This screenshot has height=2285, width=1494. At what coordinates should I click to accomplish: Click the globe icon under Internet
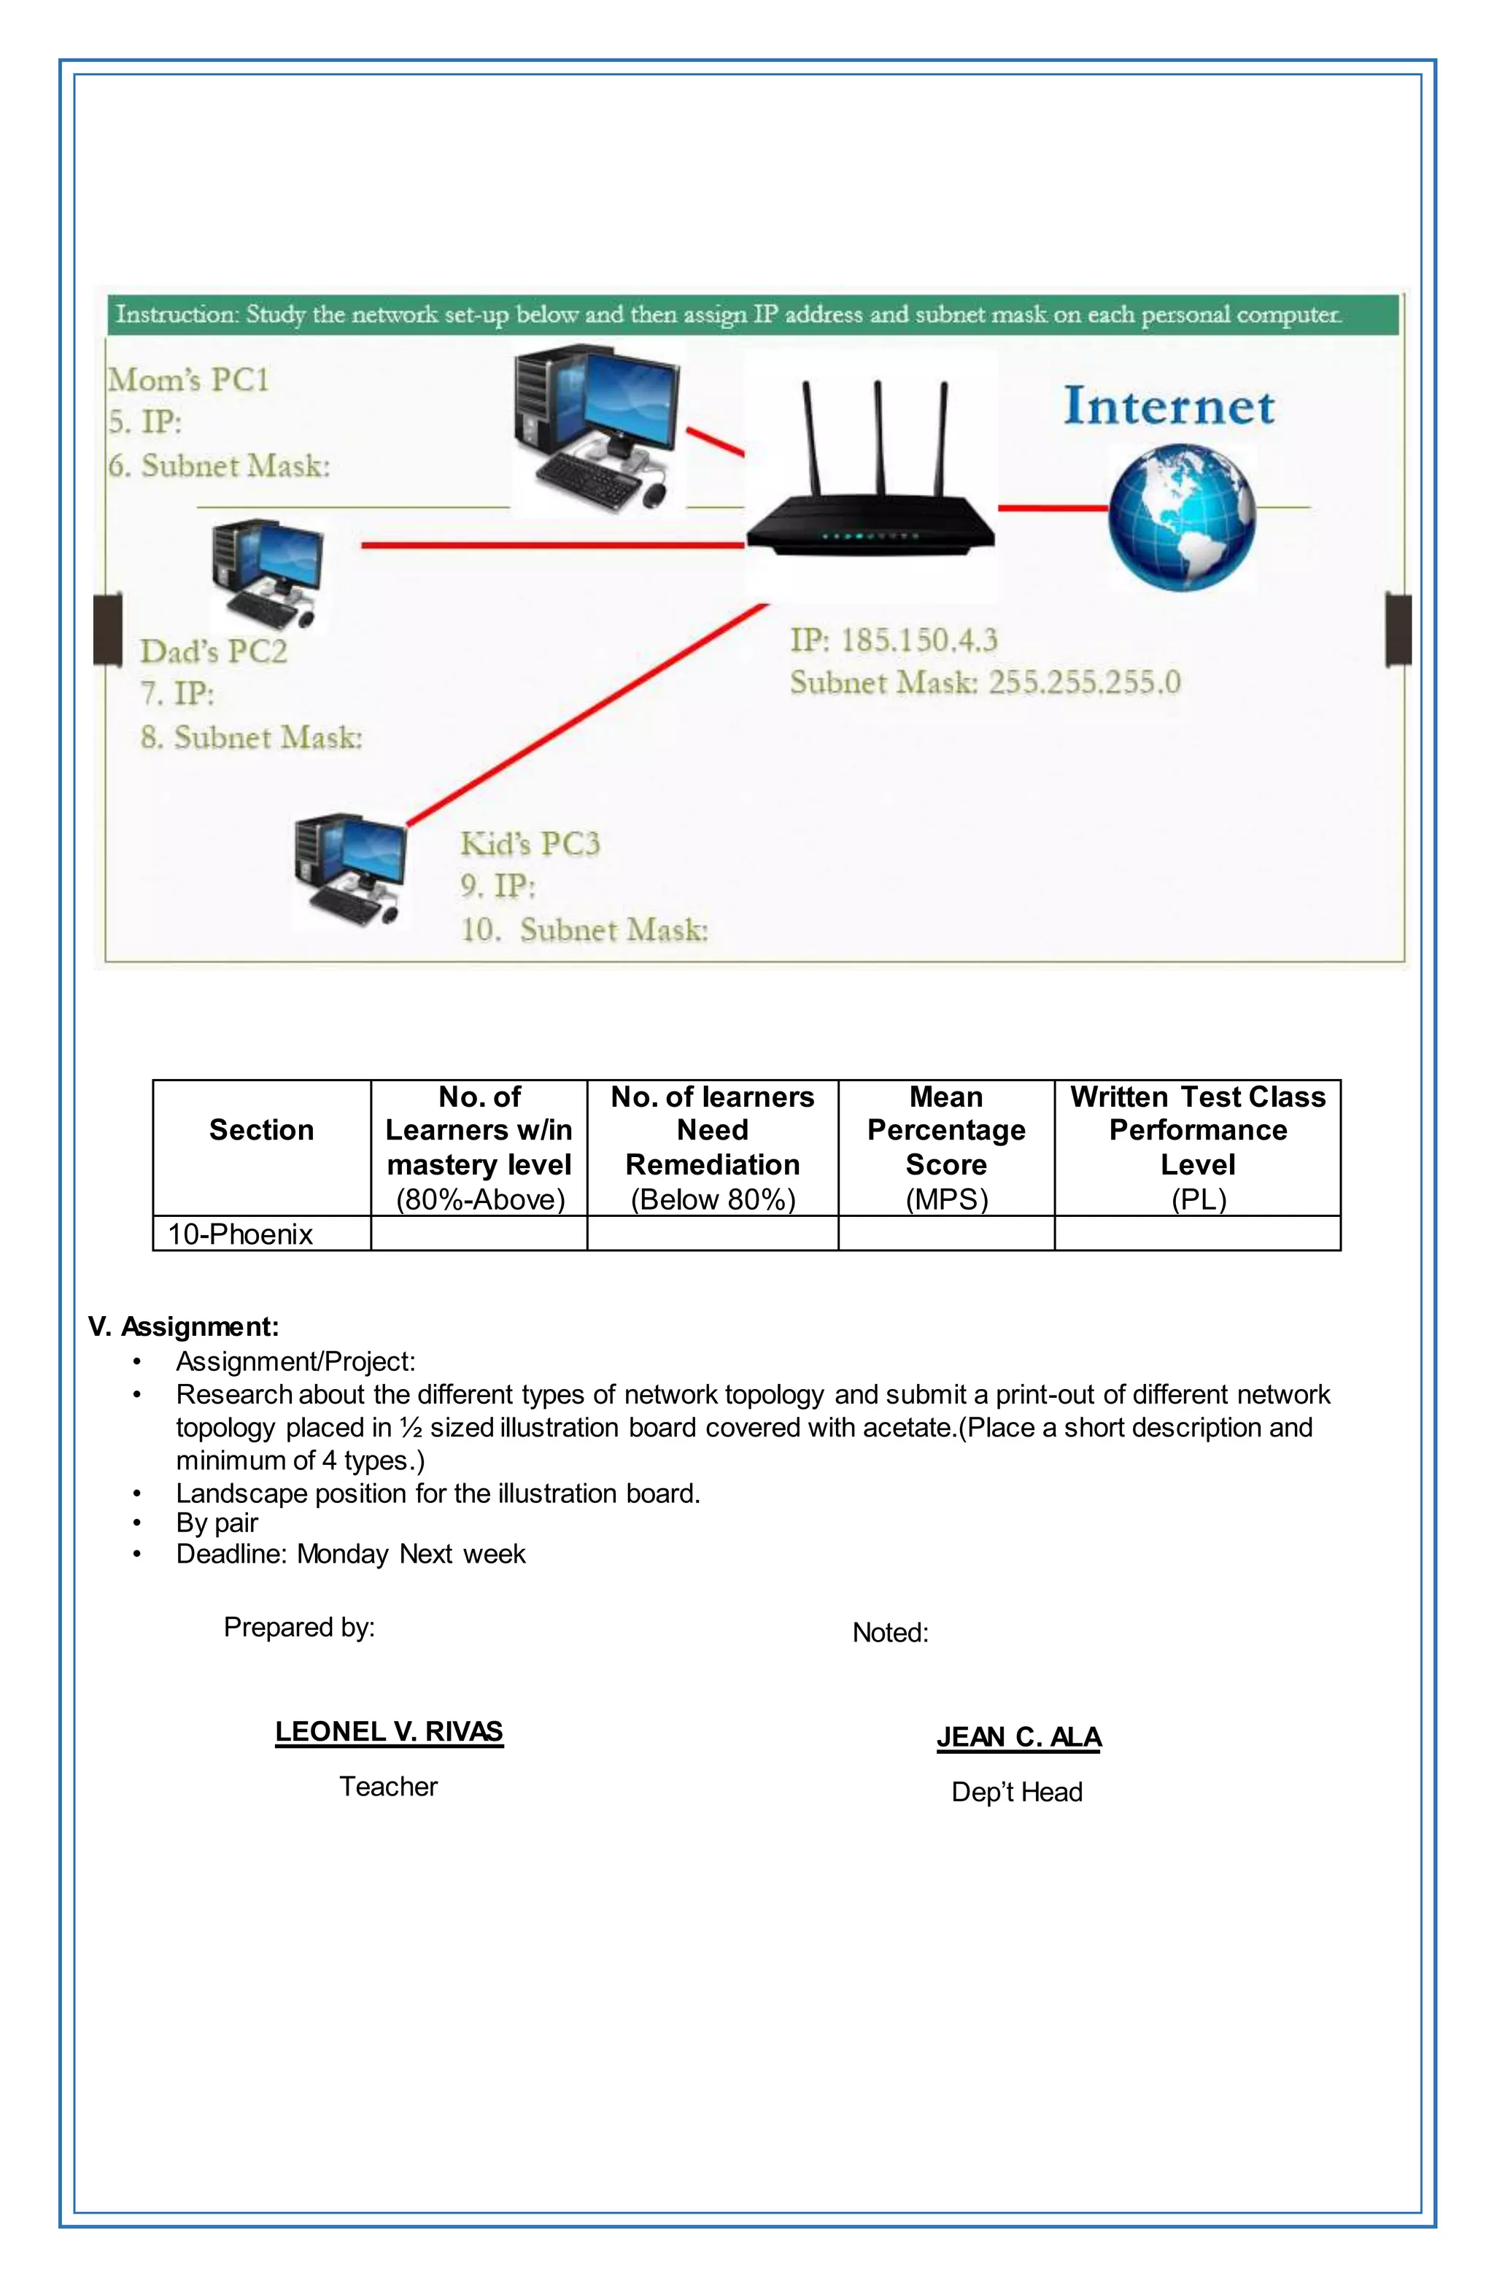(1181, 516)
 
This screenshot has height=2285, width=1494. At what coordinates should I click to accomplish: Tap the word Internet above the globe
(1169, 406)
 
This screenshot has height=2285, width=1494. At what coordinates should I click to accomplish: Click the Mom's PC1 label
(188, 380)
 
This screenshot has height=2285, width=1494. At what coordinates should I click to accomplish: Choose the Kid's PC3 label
(530, 844)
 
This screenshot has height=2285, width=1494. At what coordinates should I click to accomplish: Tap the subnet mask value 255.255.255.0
(1084, 683)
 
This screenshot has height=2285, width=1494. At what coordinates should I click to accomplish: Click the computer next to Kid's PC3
(349, 869)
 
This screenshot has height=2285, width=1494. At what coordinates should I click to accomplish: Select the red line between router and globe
(1053, 507)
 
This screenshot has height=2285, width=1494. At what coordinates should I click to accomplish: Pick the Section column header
(261, 1130)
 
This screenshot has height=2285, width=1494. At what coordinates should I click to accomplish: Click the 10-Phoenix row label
(240, 1234)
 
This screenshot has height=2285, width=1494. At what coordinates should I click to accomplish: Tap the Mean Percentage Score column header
(945, 1148)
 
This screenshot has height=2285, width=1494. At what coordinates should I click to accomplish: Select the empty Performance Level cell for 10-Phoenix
(1196, 1234)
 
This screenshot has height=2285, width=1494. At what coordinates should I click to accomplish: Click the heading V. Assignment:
(183, 1327)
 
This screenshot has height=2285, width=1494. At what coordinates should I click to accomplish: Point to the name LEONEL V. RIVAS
(389, 1732)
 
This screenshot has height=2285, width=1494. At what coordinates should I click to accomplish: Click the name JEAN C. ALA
(1018, 1738)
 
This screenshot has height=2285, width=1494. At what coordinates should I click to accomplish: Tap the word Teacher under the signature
(388, 1787)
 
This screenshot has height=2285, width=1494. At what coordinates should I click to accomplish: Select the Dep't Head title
(1017, 1793)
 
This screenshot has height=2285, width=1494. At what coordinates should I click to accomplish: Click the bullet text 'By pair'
(217, 1523)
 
